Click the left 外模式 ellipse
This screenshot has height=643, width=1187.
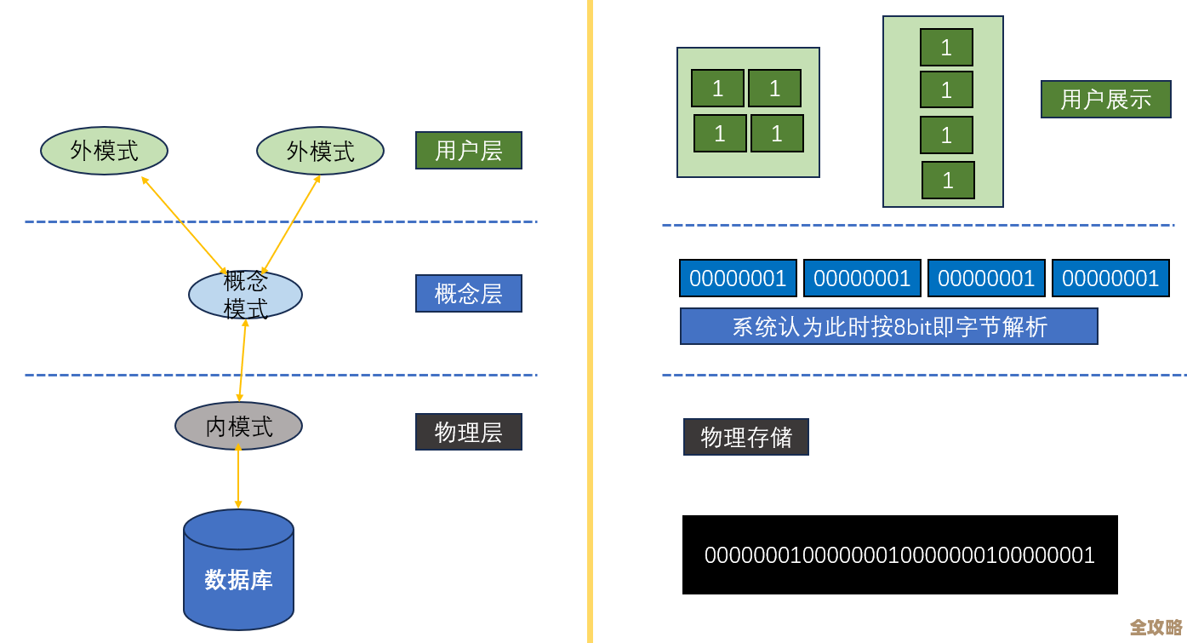click(104, 151)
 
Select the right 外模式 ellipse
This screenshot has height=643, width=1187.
click(320, 151)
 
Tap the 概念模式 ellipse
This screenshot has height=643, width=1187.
click(245, 295)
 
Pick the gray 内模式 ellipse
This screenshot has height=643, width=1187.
click(238, 426)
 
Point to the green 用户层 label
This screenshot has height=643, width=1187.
click(468, 151)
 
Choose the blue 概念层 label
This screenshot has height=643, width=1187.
click(468, 294)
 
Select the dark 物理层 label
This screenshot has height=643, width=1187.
click(468, 432)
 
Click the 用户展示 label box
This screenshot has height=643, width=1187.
click(1105, 100)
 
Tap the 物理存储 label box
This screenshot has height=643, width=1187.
click(745, 437)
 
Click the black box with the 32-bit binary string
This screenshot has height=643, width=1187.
click(899, 554)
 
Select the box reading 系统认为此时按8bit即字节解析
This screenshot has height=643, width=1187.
click(888, 326)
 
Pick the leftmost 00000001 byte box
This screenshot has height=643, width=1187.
click(738, 278)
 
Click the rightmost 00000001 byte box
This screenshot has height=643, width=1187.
click(1110, 278)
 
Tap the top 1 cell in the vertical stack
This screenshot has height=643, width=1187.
click(946, 48)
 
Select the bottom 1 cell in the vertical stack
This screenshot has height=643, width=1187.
click(948, 181)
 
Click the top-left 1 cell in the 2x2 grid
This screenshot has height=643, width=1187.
click(717, 89)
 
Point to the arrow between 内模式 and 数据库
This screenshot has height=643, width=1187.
click(237, 477)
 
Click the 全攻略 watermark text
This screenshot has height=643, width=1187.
click(1156, 628)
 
